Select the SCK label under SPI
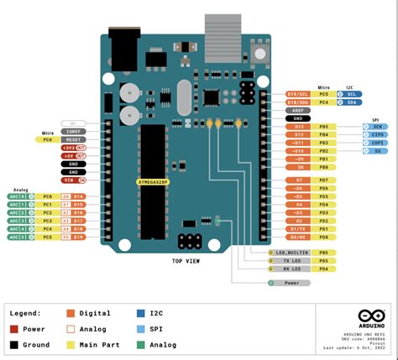379,126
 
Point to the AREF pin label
298,110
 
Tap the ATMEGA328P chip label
153,180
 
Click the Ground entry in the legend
34,344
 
